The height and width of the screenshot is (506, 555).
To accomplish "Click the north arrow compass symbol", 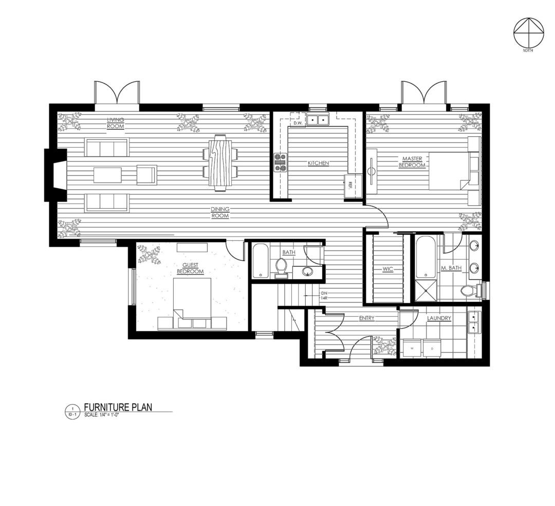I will point(528,33).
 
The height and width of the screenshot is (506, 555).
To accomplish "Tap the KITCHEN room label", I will point(318,164).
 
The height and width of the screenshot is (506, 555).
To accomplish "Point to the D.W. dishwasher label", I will point(298,123).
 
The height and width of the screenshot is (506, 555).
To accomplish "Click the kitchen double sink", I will point(318,120).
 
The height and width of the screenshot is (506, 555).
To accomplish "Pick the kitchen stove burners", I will point(281,162).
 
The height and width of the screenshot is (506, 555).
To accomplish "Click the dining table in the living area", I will point(220,162).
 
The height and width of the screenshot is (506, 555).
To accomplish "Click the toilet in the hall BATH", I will point(281,267).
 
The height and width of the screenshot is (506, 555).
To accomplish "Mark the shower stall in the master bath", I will point(426,291).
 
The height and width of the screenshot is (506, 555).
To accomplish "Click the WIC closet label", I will point(387,269).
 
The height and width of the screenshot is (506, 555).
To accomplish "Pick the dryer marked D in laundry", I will point(432,348).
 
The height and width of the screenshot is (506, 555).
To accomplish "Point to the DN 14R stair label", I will point(324,295).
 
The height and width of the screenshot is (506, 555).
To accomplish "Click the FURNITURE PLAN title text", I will point(118,407).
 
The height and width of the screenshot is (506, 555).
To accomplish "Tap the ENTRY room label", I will point(366,318).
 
